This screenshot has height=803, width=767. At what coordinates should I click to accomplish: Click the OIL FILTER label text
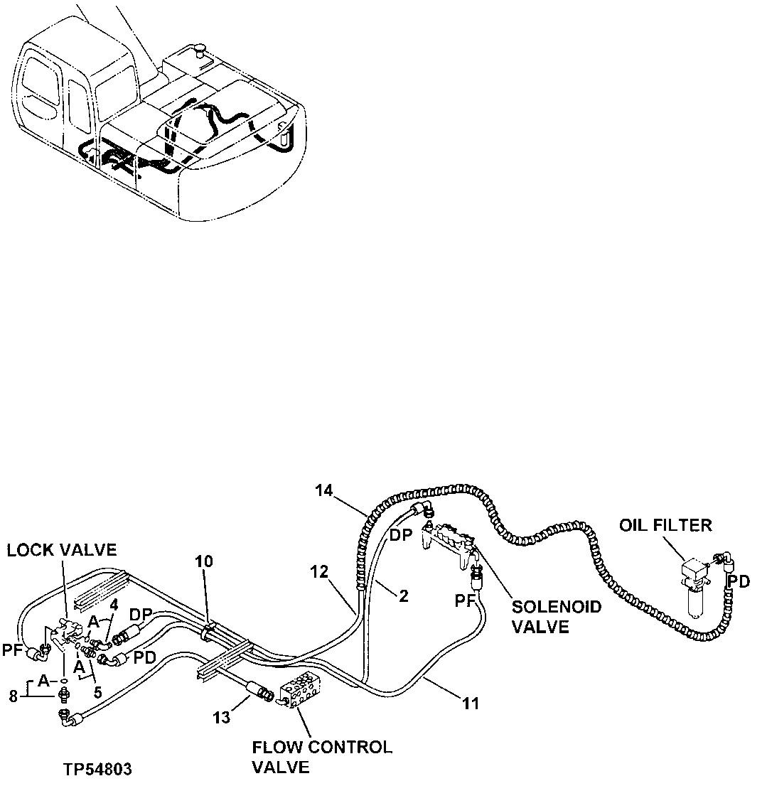665,526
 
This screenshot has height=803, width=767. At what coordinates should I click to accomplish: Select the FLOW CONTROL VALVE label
321,757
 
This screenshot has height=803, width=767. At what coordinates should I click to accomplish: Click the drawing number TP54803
97,769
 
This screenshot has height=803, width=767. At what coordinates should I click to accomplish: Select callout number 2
403,595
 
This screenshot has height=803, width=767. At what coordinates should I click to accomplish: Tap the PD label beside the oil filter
739,582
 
